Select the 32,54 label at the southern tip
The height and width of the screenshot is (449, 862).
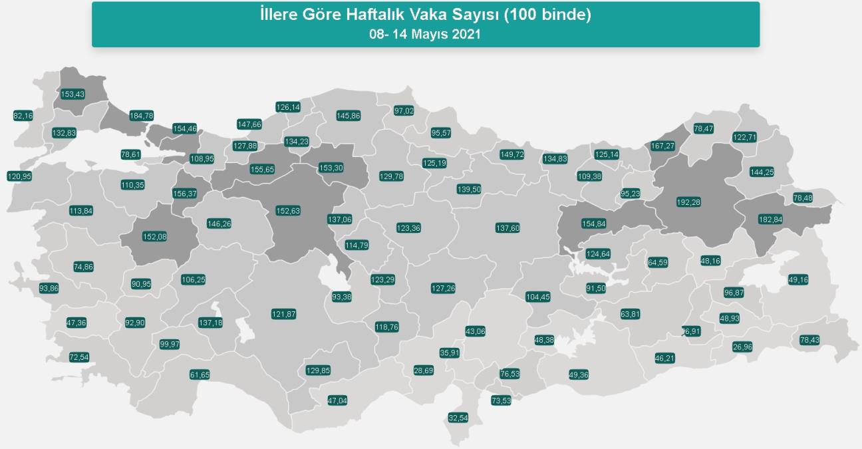(x=458, y=418)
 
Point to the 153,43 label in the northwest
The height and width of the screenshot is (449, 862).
(x=72, y=94)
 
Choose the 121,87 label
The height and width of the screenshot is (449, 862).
(x=283, y=314)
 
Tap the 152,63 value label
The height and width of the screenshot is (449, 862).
(x=288, y=211)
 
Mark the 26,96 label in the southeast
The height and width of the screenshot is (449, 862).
(x=742, y=347)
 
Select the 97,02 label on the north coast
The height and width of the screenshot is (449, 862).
(x=404, y=110)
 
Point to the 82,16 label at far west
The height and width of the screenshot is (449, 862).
(x=23, y=116)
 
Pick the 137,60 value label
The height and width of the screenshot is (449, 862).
(x=507, y=228)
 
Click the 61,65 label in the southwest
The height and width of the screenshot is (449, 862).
(x=200, y=375)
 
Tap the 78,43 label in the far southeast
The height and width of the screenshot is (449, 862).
(x=809, y=340)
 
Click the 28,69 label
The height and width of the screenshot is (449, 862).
(x=424, y=371)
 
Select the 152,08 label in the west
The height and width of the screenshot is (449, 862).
(x=155, y=235)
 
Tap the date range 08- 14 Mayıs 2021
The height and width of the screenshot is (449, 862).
(x=425, y=34)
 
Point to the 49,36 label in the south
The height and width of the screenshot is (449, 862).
(x=579, y=375)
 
